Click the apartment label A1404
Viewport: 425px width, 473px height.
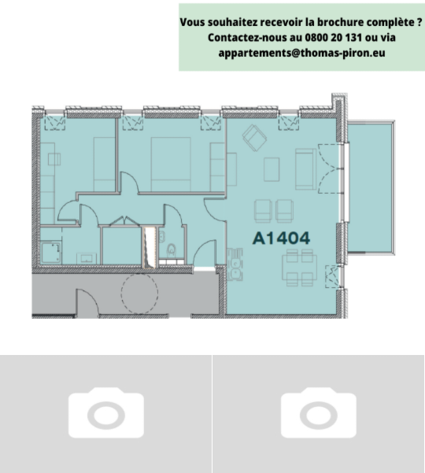[x=281, y=238]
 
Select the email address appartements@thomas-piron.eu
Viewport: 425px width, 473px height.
[x=301, y=53]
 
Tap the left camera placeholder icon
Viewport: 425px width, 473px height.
[x=106, y=412]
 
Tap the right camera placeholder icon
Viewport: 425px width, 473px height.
[x=319, y=412]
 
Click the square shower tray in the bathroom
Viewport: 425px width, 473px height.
[x=50, y=252]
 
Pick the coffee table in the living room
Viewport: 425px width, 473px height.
[x=272, y=169]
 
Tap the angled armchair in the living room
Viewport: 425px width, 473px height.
[x=254, y=138]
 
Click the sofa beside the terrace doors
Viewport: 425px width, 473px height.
[x=305, y=169]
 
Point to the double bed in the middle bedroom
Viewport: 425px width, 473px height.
[x=171, y=164]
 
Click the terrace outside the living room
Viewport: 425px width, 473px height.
[x=371, y=187]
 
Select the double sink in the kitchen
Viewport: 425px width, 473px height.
[x=235, y=264]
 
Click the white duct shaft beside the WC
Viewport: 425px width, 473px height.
[x=150, y=248]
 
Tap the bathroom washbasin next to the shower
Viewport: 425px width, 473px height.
[x=87, y=259]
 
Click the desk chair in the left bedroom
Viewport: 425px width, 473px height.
[x=54, y=159]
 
